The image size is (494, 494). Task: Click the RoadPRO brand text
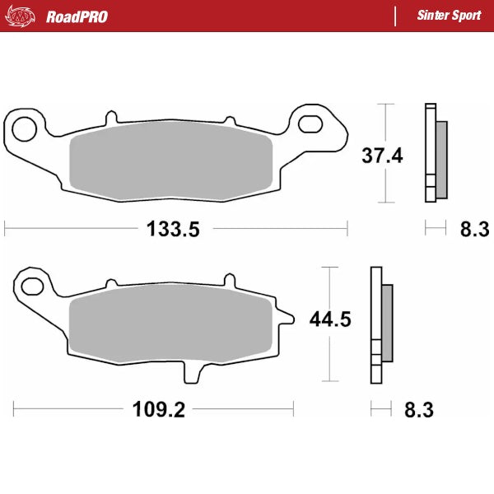click(76, 16)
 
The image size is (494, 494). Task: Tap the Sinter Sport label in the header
click(449, 16)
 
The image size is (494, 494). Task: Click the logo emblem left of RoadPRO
click(21, 16)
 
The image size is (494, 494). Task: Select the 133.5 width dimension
click(173, 230)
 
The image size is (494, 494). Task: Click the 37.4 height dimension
click(383, 154)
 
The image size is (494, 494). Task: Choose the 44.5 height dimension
click(330, 319)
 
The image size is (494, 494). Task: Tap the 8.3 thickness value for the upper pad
click(474, 230)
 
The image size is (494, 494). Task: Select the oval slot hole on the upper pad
click(312, 124)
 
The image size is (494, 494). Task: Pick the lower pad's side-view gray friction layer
click(387, 322)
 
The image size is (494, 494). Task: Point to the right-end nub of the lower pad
click(288, 318)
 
